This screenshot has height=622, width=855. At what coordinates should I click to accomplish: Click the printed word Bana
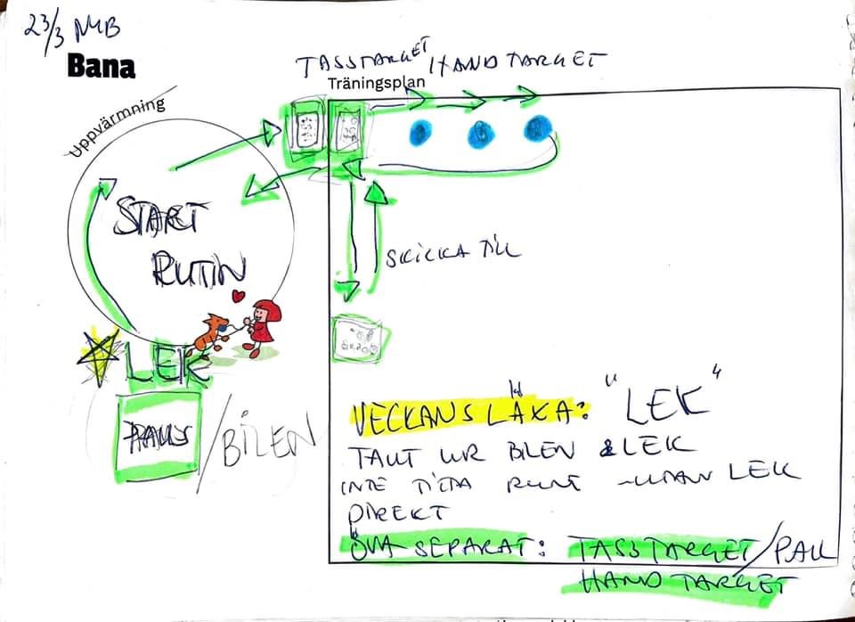[102, 66]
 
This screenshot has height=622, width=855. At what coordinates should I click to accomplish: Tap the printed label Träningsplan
[374, 83]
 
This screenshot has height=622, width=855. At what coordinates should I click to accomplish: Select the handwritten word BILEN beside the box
[271, 438]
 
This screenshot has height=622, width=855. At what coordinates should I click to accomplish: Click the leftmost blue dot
[420, 133]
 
